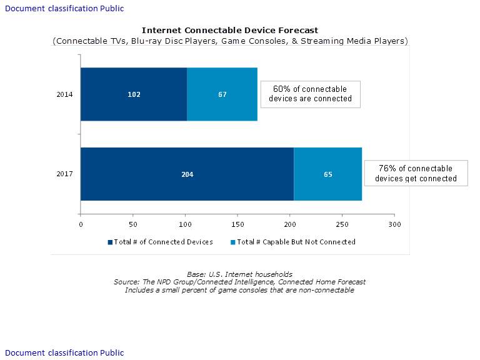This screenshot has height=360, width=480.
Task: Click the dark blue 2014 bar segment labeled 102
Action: [x=134, y=94]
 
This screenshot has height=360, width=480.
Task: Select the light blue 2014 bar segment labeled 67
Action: [x=222, y=94]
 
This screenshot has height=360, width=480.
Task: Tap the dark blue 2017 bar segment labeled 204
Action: [x=187, y=174]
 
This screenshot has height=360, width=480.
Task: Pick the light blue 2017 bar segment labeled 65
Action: [x=327, y=174]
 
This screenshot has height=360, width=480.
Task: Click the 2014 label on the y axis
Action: [x=65, y=94]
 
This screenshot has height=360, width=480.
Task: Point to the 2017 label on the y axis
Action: [x=65, y=174]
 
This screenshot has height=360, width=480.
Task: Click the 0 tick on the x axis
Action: [x=81, y=224]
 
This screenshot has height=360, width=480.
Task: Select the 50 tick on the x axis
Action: [x=133, y=224]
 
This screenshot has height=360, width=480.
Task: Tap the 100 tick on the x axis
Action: [x=185, y=224]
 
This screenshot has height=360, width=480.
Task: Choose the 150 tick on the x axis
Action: [x=237, y=224]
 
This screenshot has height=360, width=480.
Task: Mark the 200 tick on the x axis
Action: [x=289, y=224]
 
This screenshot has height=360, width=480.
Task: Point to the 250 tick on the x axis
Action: [x=342, y=224]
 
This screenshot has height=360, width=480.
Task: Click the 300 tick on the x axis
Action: [x=394, y=224]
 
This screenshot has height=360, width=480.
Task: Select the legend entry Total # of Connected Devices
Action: [x=161, y=242]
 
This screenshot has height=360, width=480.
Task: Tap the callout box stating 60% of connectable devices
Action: [x=310, y=94]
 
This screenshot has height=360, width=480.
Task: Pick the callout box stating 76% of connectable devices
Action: [x=416, y=174]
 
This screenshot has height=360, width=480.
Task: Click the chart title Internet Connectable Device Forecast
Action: [x=230, y=30]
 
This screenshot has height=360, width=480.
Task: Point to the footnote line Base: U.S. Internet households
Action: [x=239, y=274]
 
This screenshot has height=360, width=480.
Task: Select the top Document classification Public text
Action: [x=64, y=9]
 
